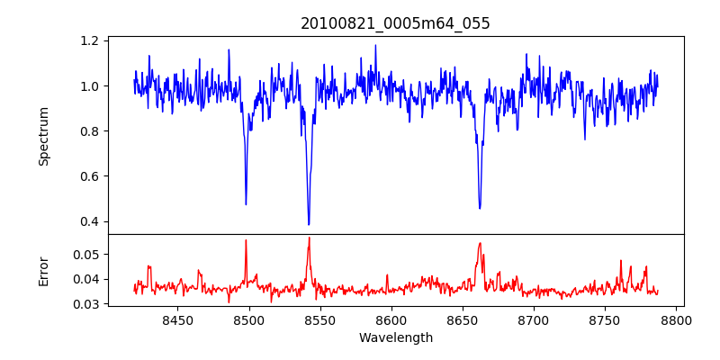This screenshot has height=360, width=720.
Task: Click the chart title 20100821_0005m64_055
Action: pyautogui.click(x=395, y=23)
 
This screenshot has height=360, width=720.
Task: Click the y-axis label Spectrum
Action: pyautogui.click(x=44, y=136)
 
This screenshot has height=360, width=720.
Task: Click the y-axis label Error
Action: pyautogui.click(x=44, y=269)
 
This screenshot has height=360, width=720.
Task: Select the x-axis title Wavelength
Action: pyautogui.click(x=395, y=338)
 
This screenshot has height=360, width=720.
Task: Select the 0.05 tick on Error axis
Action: pyautogui.click(x=87, y=255)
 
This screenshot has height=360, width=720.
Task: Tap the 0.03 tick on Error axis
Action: pyautogui.click(x=87, y=304)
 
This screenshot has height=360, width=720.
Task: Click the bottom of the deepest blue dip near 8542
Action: pyautogui.click(x=309, y=224)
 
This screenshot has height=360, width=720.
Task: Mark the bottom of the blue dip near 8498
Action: pyautogui.click(x=246, y=204)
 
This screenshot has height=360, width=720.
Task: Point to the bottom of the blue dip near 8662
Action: pyautogui.click(x=480, y=208)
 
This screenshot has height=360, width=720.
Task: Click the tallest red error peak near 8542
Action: pyautogui.click(x=309, y=238)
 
